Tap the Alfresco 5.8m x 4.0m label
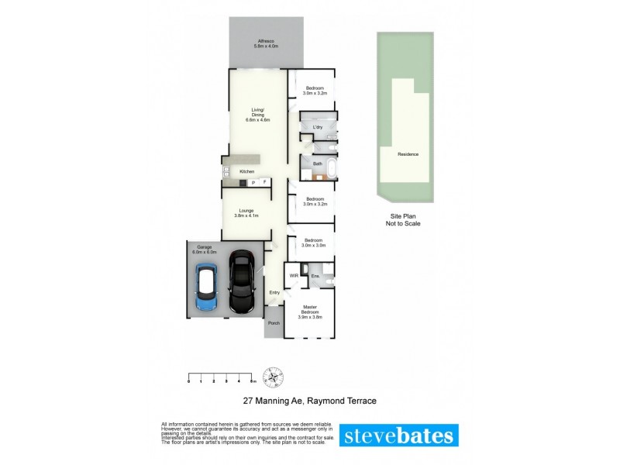click(265, 44)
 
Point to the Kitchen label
click(247, 171)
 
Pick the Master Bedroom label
click(310, 313)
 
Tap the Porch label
click(273, 323)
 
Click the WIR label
click(294, 276)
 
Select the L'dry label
click(318, 127)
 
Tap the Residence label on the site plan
click(408, 154)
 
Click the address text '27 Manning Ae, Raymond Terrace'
click(309, 401)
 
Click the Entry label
click(274, 292)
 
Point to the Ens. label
click(315, 276)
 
